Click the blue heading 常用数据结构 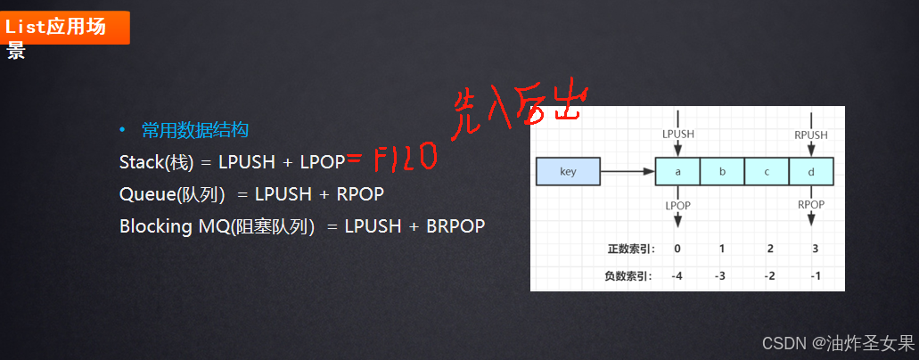click(x=194, y=130)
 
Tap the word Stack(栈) click(x=156, y=162)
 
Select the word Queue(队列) click(x=171, y=193)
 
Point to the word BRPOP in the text click(x=455, y=225)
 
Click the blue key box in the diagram click(x=568, y=171)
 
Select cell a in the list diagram click(x=677, y=171)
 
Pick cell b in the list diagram click(x=721, y=171)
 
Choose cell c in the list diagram click(x=766, y=171)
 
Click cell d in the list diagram click(x=810, y=171)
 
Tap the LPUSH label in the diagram click(x=678, y=135)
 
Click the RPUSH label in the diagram click(x=810, y=135)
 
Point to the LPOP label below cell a click(x=678, y=204)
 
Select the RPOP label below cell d click(x=810, y=204)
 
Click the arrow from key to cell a click(x=628, y=171)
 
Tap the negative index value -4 click(x=678, y=275)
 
